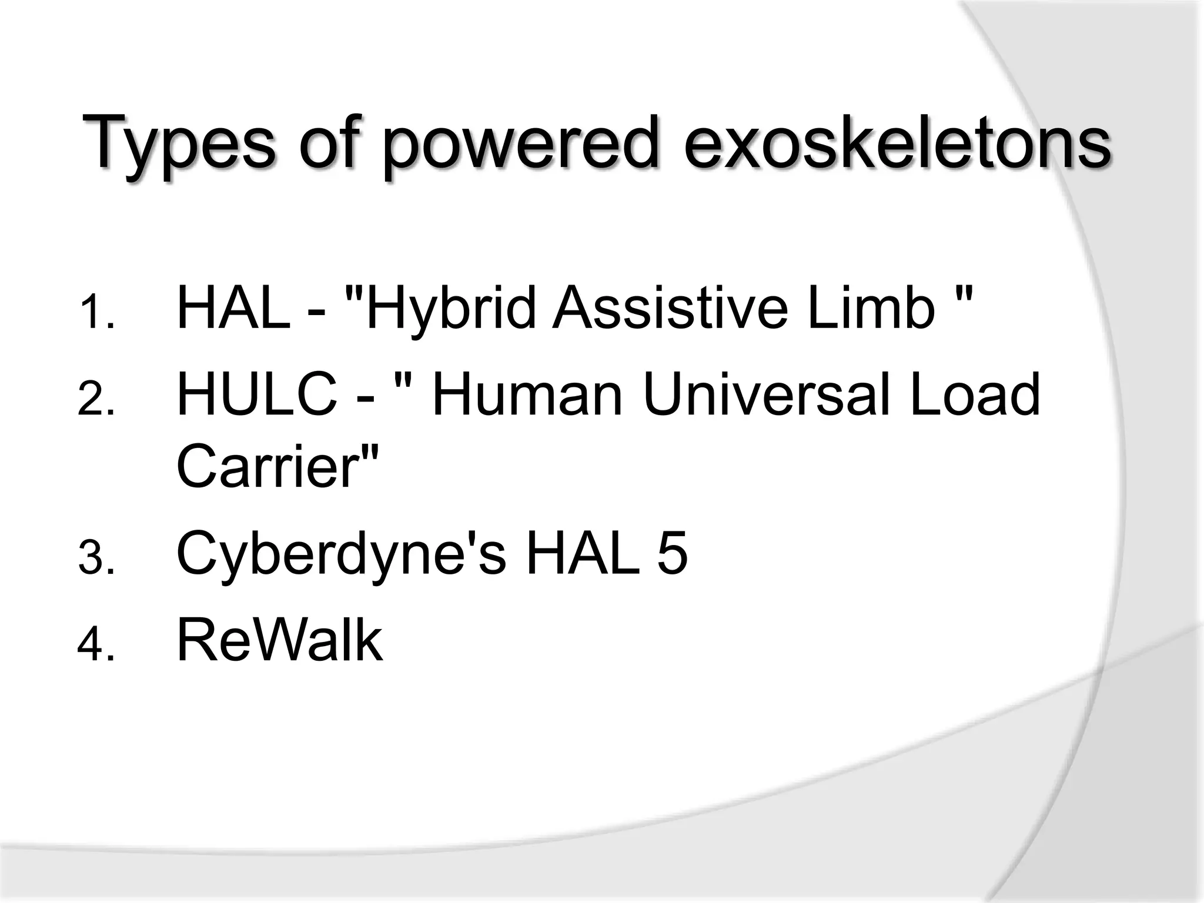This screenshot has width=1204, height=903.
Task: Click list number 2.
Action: (95, 399)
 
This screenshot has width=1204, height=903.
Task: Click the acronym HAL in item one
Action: (233, 307)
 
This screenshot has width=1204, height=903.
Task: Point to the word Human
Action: (527, 394)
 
